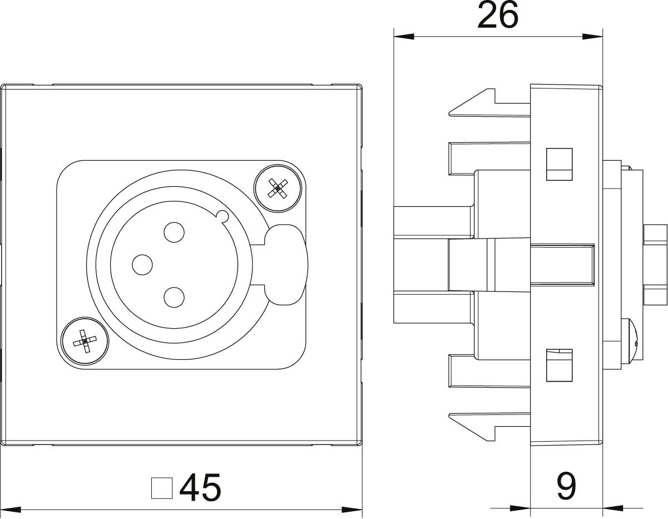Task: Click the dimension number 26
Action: click(498, 15)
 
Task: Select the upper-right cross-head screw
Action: click(278, 188)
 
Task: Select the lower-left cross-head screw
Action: click(85, 340)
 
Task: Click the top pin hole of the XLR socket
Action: click(174, 232)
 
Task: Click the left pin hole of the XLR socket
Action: click(142, 265)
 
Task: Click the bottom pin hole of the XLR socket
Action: click(174, 297)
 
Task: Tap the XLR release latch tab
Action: click(286, 265)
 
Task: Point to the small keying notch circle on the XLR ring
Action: click(222, 216)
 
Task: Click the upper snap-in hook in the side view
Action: click(489, 103)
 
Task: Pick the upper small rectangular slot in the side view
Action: click(559, 164)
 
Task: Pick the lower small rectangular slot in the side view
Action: click(559, 365)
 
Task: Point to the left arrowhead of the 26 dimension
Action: click(403, 37)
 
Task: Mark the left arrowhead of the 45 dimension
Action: click(11, 510)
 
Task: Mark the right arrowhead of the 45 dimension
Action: click(352, 510)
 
